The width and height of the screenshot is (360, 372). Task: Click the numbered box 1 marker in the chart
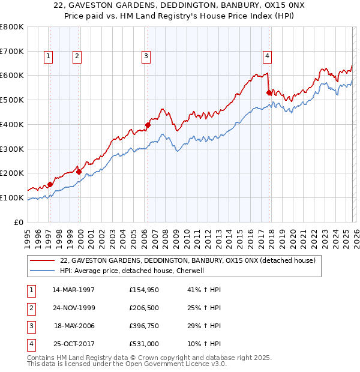click(48, 57)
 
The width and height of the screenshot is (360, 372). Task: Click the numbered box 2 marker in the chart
click(77, 57)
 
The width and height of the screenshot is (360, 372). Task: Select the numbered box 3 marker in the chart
click(146, 57)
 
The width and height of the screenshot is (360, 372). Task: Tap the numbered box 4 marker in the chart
click(267, 57)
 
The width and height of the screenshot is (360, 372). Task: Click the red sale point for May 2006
click(148, 125)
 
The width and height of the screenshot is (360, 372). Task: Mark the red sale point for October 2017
click(269, 92)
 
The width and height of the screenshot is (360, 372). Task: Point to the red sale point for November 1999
click(79, 172)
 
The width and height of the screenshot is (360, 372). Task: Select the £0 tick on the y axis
click(19, 222)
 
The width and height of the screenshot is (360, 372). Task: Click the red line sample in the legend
click(43, 261)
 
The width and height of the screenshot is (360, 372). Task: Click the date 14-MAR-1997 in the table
click(74, 290)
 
